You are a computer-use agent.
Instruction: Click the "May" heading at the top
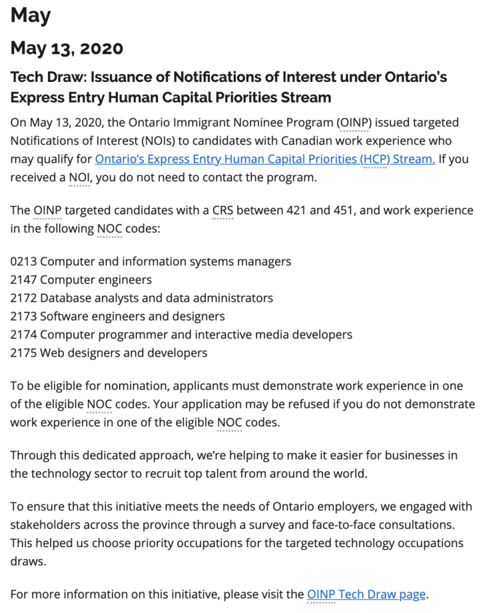(x=31, y=15)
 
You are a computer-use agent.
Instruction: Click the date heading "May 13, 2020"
(x=67, y=48)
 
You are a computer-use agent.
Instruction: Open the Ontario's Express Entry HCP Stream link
(x=265, y=159)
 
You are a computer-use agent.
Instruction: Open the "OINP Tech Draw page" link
(x=366, y=594)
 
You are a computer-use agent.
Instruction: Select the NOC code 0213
(x=23, y=262)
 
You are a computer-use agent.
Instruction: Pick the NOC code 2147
(x=23, y=280)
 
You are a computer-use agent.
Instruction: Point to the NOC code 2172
(x=23, y=298)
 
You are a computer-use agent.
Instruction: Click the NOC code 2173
(x=23, y=316)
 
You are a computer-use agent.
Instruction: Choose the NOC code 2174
(x=23, y=335)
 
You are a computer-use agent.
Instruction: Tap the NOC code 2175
(x=23, y=353)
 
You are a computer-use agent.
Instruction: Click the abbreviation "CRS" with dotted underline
(x=222, y=211)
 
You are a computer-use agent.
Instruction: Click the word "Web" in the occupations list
(x=51, y=353)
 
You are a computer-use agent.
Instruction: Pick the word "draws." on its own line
(x=27, y=562)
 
